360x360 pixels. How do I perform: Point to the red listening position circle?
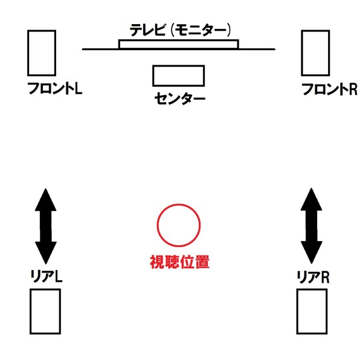[x=179, y=204]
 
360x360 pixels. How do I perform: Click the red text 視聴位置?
[x=179, y=262]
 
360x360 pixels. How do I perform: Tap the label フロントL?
[x=54, y=88]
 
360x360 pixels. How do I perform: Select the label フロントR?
[x=329, y=89]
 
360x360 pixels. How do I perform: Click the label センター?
[x=180, y=98]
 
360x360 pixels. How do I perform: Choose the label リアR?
[x=313, y=277]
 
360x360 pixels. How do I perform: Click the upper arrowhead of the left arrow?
[x=46, y=199]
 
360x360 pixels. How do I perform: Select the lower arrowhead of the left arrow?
[x=46, y=252]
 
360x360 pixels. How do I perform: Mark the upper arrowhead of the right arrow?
[x=312, y=199]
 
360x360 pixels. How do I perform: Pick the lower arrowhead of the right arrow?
[x=312, y=252]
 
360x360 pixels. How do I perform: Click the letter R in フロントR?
[x=353, y=89]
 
